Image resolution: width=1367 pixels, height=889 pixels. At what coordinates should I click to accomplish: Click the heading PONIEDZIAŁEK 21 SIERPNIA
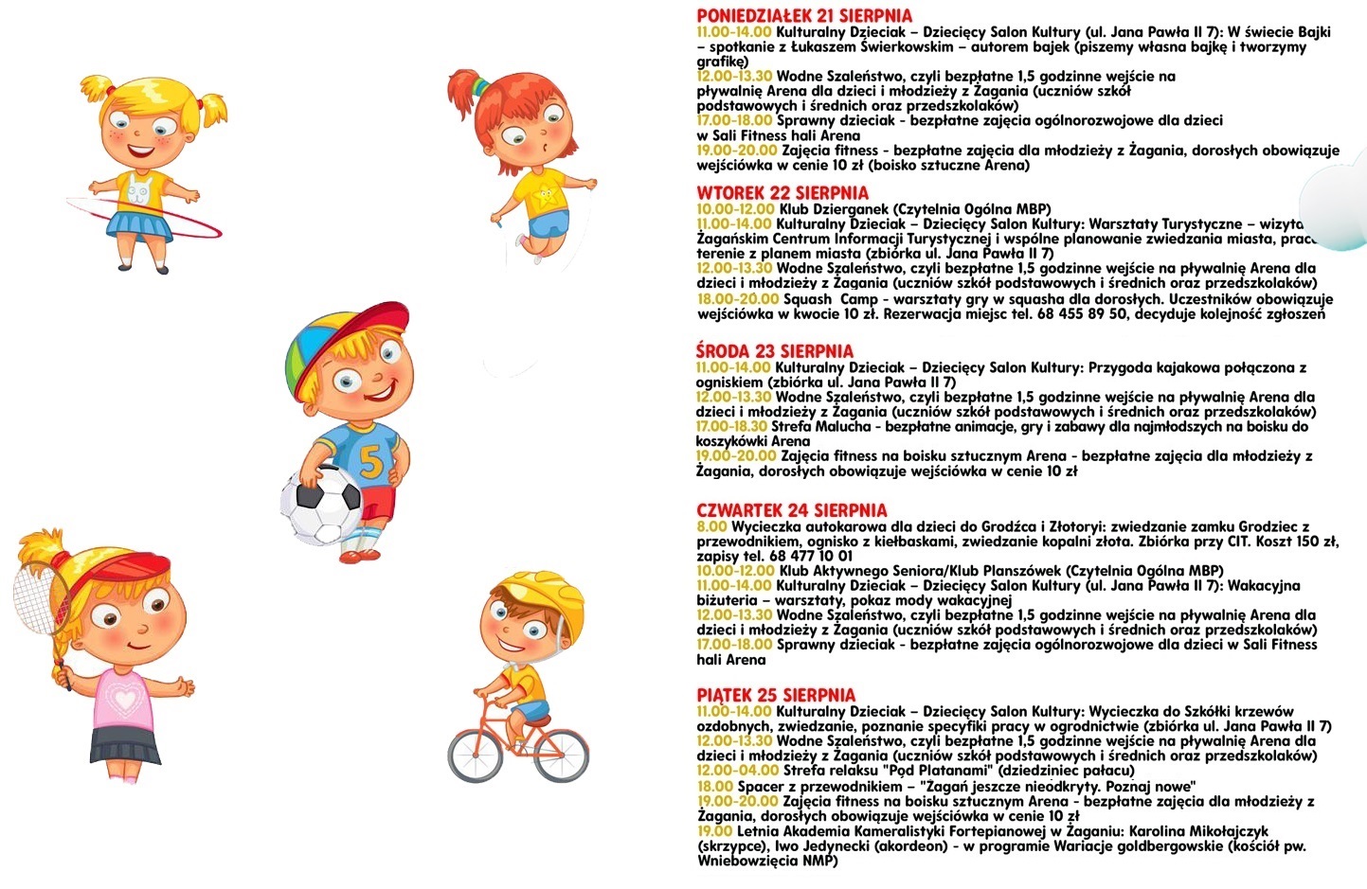tap(804, 16)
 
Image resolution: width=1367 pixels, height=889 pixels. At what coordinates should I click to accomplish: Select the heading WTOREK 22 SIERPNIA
tap(782, 193)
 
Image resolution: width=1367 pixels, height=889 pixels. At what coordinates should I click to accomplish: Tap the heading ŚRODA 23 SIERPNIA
tap(774, 351)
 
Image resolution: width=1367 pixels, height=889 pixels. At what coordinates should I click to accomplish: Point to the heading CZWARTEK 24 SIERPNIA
tap(791, 510)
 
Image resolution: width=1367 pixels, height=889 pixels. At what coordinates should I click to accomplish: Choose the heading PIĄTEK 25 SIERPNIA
tap(775, 695)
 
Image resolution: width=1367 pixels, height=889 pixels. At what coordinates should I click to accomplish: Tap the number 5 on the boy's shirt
tap(371, 461)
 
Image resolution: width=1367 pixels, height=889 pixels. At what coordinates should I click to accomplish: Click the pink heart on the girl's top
tap(124, 700)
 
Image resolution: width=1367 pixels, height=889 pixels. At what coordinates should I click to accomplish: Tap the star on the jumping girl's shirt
tap(547, 199)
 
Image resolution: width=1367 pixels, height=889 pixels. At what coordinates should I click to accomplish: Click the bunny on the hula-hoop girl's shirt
tap(138, 192)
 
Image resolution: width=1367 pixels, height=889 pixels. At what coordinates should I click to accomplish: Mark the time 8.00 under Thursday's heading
tap(711, 526)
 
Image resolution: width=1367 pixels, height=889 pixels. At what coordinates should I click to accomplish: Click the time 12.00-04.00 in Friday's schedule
tap(734, 771)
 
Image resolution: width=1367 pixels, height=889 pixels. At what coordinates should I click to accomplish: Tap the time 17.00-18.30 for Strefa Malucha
tap(730, 427)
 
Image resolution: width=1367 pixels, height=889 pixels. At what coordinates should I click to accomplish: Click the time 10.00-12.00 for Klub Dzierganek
tap(735, 209)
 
